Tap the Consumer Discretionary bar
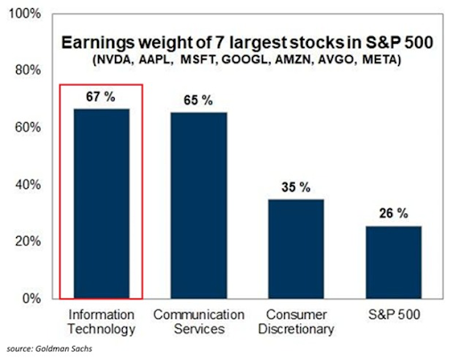tap(297, 249)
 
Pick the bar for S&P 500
tap(394, 262)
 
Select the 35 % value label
tap(297, 187)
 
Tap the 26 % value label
tap(394, 214)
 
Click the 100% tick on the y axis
tap(23, 14)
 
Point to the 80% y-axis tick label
tap(27, 70)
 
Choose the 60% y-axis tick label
tap(27, 128)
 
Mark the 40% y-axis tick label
tap(27, 184)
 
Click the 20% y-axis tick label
tap(27, 241)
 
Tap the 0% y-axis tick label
tap(30, 299)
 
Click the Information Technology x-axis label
tap(101, 323)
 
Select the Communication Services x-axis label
tap(199, 323)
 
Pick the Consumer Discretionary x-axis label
tap(297, 323)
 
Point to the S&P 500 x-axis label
tap(394, 315)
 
